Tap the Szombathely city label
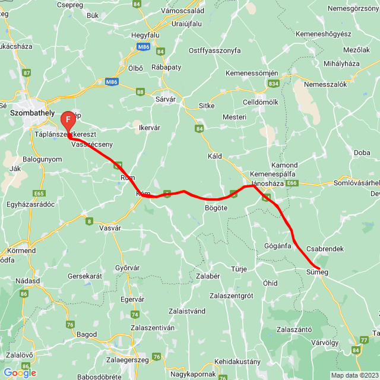click(32, 112)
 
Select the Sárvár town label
click(165, 99)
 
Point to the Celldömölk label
click(261, 103)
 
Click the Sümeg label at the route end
click(316, 272)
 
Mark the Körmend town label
click(21, 251)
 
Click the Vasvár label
click(110, 227)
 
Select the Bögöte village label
click(216, 207)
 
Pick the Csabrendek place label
click(325, 249)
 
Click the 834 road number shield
click(273, 84)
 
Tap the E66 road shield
click(292, 183)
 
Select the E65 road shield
click(39, 194)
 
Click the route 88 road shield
click(140, 91)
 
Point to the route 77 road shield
click(363, 340)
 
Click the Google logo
click(20, 373)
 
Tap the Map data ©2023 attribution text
click(354, 375)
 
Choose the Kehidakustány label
click(237, 361)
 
